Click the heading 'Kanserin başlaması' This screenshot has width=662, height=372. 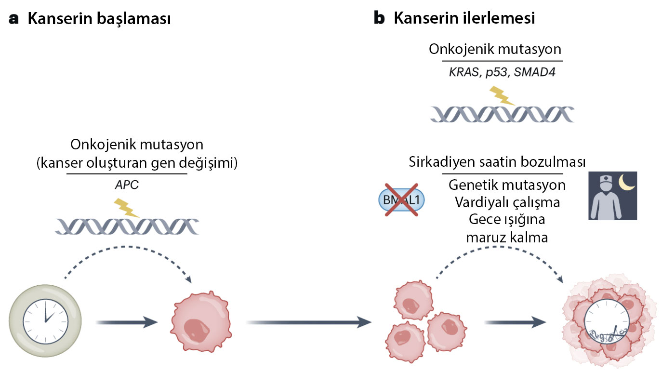[x=99, y=19]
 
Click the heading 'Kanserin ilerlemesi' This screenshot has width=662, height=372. [x=464, y=19]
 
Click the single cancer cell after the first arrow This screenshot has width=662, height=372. [x=201, y=322]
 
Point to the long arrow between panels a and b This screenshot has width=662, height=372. [x=308, y=322]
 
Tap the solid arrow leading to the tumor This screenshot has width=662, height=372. [x=516, y=322]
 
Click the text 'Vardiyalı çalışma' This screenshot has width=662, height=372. [x=507, y=202]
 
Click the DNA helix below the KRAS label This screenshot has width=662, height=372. [x=502, y=114]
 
